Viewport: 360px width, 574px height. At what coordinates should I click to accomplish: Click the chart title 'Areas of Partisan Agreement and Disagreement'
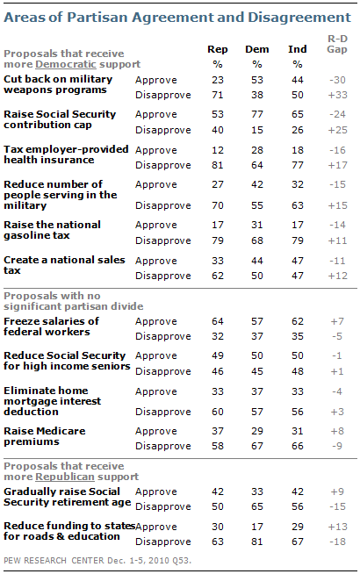pyautogui.click(x=177, y=18)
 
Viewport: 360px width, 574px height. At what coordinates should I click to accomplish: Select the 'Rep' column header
pyautogui.click(x=218, y=49)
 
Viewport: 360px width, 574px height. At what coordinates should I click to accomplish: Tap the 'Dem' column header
pyautogui.click(x=257, y=49)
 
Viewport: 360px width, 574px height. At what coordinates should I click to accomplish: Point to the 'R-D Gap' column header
pyautogui.click(x=337, y=44)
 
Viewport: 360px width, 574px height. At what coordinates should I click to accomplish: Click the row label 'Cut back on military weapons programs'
pyautogui.click(x=58, y=84)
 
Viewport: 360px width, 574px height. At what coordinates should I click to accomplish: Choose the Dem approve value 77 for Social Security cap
pyautogui.click(x=257, y=115)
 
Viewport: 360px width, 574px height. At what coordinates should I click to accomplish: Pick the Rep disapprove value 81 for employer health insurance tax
pyautogui.click(x=218, y=166)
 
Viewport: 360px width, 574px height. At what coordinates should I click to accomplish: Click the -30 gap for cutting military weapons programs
pyautogui.click(x=337, y=80)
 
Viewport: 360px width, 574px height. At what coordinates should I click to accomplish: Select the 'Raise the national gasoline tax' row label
pyautogui.click(x=52, y=230)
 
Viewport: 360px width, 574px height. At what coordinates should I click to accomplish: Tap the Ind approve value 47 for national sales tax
pyautogui.click(x=298, y=261)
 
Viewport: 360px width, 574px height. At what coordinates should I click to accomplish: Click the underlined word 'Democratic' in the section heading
pyautogui.click(x=66, y=64)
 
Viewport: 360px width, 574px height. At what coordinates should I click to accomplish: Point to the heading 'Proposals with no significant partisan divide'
pyautogui.click(x=73, y=301)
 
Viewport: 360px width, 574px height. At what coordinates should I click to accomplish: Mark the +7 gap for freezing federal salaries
pyautogui.click(x=337, y=321)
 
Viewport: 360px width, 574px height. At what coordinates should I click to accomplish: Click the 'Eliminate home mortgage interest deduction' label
pyautogui.click(x=52, y=401)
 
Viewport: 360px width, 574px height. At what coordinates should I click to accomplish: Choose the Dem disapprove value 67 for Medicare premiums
pyautogui.click(x=257, y=446)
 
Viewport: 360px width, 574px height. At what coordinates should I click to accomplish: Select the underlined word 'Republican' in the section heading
pyautogui.click(x=65, y=477)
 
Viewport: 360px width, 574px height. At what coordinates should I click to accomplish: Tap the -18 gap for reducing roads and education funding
pyautogui.click(x=337, y=542)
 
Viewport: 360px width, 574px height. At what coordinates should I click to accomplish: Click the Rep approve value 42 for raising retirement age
pyautogui.click(x=218, y=492)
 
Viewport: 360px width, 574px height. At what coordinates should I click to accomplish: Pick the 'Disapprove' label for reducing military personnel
pyautogui.click(x=163, y=205)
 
